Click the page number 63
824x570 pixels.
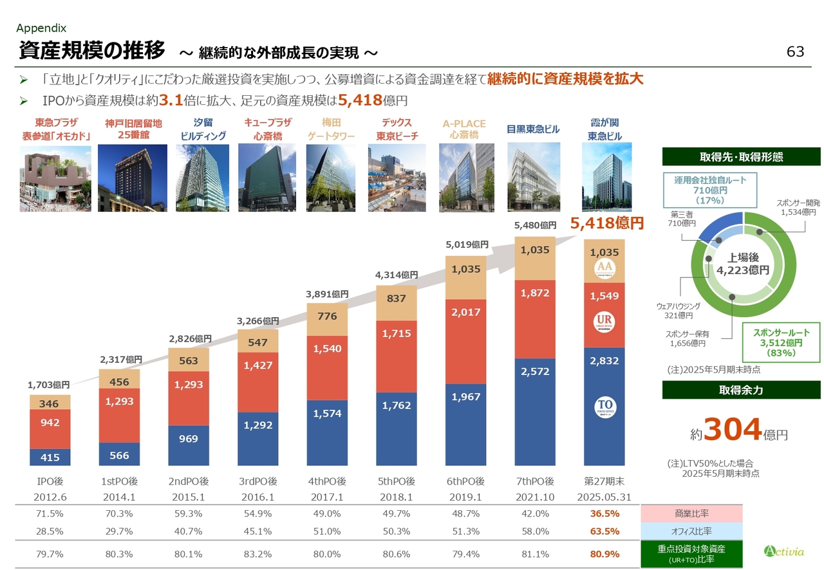(x=795, y=51)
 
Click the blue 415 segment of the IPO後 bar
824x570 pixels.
(x=50, y=457)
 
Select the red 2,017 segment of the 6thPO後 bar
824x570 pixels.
(x=465, y=313)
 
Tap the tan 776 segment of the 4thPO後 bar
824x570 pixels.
(x=326, y=316)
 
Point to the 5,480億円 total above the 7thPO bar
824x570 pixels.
(x=535, y=226)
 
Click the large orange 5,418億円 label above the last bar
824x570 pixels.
(x=608, y=224)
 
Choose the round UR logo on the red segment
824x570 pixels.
(x=604, y=322)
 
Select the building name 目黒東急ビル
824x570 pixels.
(x=533, y=129)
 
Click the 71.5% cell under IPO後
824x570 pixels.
(x=50, y=513)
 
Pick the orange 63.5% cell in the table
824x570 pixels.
(x=604, y=531)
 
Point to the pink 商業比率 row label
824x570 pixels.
(x=691, y=513)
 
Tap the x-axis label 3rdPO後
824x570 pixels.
(x=257, y=481)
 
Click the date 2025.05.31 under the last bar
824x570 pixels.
(x=604, y=497)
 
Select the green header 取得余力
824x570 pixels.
(x=741, y=391)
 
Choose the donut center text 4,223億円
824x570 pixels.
(x=743, y=270)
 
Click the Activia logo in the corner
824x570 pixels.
(x=783, y=551)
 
